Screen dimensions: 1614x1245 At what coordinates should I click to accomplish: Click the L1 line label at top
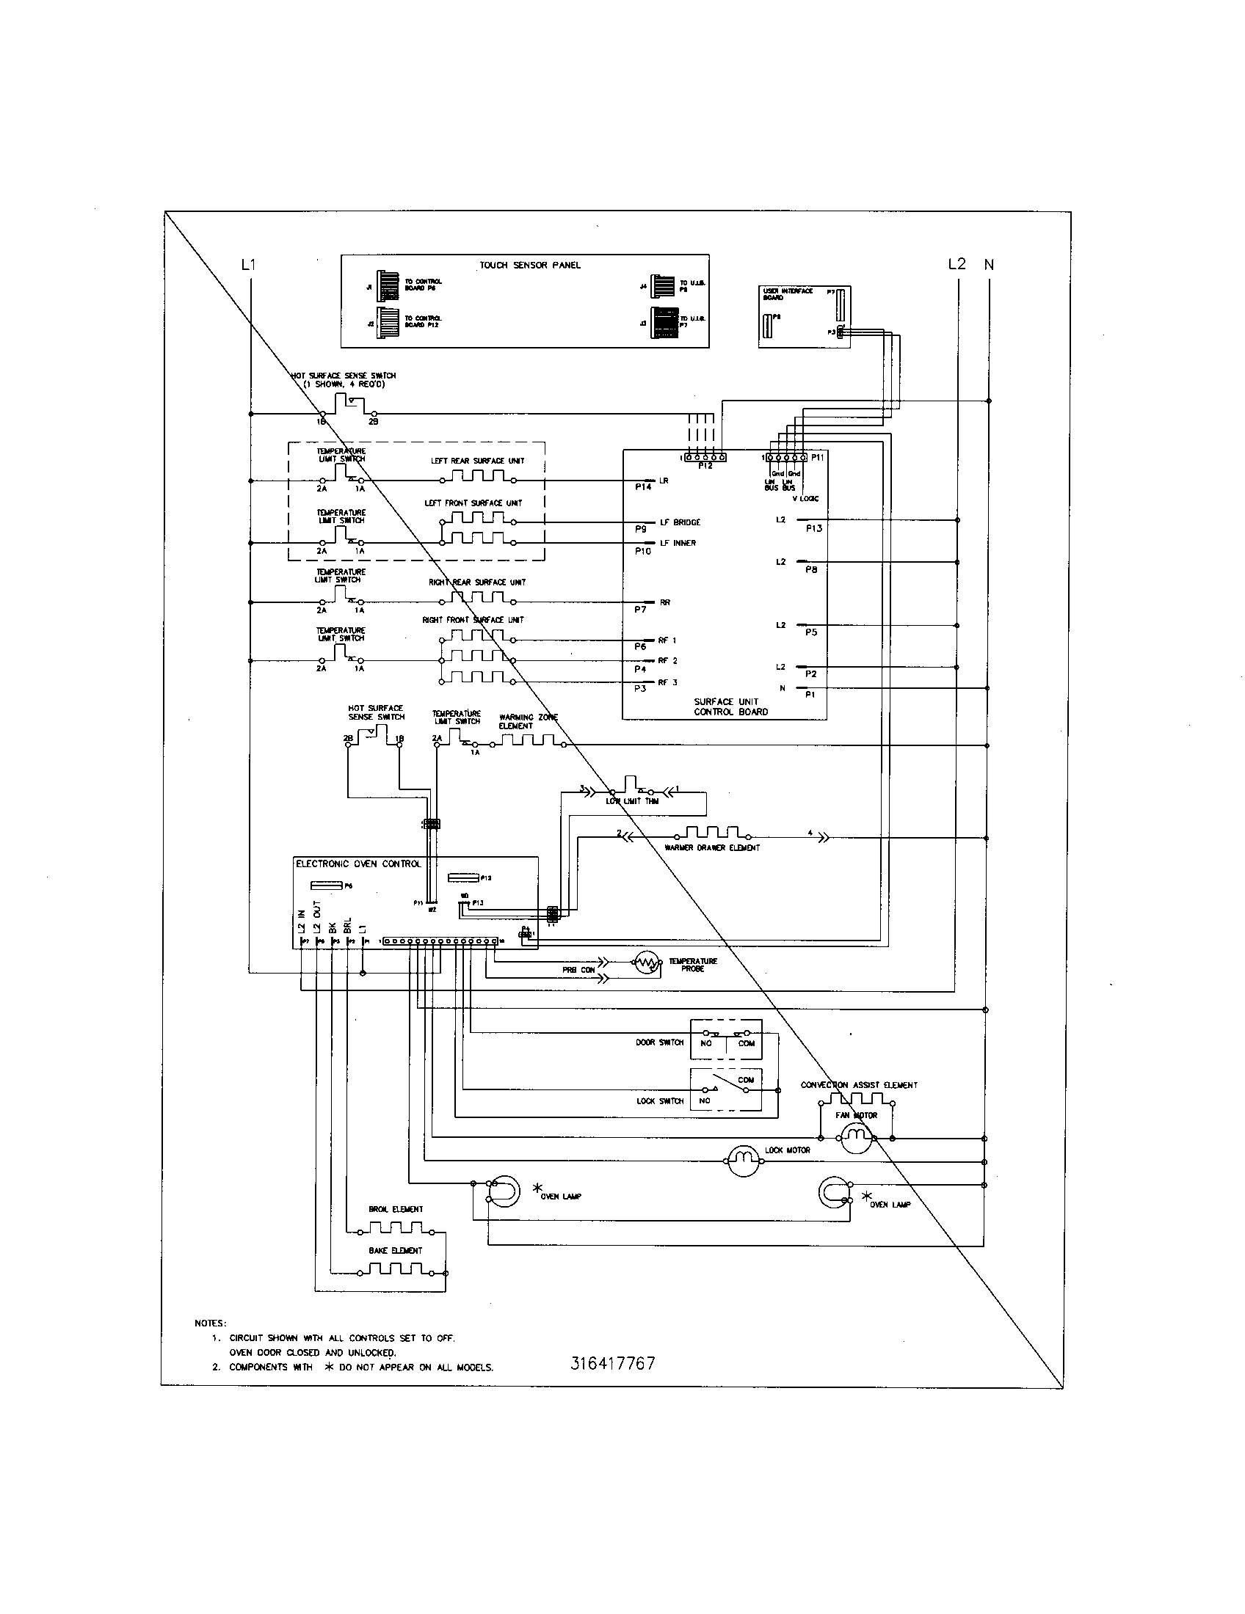(x=248, y=264)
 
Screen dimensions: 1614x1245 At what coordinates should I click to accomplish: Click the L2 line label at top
(x=957, y=264)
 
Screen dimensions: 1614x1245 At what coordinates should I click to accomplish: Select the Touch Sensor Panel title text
(x=529, y=266)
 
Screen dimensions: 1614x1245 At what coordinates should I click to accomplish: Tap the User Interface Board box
(x=805, y=316)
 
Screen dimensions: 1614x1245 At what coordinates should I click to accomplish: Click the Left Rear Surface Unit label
(x=478, y=461)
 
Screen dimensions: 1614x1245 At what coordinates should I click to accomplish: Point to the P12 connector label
(x=705, y=467)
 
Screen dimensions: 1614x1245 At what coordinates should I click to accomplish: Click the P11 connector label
(x=817, y=458)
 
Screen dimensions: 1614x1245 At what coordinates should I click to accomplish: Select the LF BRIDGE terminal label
(x=680, y=522)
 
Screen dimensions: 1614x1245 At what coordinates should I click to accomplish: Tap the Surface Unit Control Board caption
(x=730, y=706)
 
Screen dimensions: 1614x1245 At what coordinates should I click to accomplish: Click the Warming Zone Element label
(x=528, y=721)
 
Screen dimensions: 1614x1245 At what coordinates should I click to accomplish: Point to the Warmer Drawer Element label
(x=712, y=847)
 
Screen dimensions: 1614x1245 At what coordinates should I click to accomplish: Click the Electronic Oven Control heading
(x=358, y=863)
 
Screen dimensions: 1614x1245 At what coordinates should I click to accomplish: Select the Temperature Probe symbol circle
(x=646, y=963)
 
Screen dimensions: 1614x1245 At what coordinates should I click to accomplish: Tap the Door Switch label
(x=659, y=1042)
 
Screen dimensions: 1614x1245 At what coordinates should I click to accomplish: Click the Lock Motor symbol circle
(x=743, y=1162)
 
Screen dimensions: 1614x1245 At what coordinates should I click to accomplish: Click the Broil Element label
(x=396, y=1209)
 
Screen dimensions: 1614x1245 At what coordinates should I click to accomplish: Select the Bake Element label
(x=396, y=1250)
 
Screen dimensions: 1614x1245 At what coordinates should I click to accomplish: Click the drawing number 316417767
(x=612, y=1364)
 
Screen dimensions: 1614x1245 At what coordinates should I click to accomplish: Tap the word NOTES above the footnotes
(x=210, y=1323)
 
